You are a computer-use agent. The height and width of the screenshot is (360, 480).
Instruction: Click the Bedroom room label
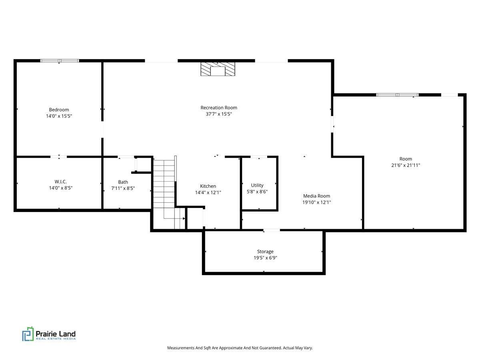coord(59,110)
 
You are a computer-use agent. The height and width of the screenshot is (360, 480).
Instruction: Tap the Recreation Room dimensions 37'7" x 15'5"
coord(219,114)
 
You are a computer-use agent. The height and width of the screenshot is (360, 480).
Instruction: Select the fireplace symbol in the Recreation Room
coord(218,69)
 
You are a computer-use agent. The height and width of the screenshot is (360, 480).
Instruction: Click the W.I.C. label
coord(60,182)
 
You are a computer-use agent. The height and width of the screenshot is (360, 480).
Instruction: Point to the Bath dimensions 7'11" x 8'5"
coord(123,188)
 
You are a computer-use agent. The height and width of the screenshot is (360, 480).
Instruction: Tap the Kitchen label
coord(208,186)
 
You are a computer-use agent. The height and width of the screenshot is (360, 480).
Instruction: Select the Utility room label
coord(257,185)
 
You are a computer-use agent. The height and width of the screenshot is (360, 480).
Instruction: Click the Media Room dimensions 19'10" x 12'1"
coord(316,202)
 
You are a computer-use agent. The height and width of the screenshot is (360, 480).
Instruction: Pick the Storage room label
coord(265,252)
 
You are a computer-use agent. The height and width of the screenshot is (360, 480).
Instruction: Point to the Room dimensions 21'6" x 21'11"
coord(406,165)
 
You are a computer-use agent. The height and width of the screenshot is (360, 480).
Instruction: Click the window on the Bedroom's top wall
coord(60,61)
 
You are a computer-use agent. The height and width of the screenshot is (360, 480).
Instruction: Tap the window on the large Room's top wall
coord(397,95)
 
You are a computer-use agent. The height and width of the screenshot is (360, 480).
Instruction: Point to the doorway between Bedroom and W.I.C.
coord(59,157)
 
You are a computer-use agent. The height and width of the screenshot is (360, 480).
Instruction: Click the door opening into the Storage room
coord(271,230)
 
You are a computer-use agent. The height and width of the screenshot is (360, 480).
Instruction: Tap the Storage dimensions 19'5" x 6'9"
coord(265,258)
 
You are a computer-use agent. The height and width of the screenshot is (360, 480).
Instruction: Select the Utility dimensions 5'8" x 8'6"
coord(257,192)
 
